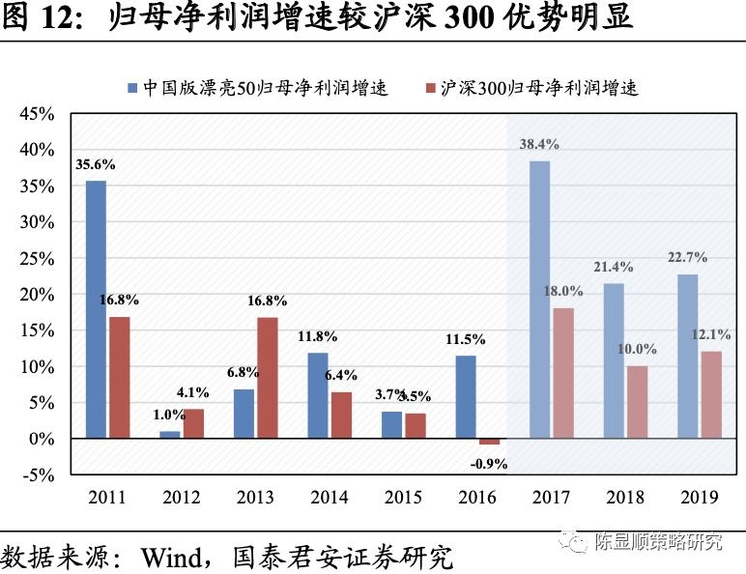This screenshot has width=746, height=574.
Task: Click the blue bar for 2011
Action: coord(96,309)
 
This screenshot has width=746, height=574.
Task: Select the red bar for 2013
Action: coord(267,378)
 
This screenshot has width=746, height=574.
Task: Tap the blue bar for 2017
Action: coord(539,300)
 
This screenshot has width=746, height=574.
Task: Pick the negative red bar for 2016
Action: coord(490,442)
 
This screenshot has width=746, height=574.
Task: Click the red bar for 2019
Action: coord(711,394)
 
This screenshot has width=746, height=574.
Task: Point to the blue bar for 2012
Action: coord(170,435)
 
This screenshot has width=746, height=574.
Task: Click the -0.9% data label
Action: coord(489,464)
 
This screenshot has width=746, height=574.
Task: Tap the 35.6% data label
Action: coord(95,163)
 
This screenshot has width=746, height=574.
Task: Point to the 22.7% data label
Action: coord(687,257)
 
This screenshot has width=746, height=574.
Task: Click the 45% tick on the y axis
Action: coord(37,113)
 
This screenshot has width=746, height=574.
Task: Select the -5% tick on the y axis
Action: coord(37,474)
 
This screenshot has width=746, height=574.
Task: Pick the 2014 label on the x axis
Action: coord(329,498)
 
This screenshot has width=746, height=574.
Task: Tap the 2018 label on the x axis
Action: coord(625,498)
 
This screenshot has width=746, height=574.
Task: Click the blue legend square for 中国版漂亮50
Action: coord(132,88)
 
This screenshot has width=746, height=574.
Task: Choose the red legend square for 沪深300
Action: coord(430,88)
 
